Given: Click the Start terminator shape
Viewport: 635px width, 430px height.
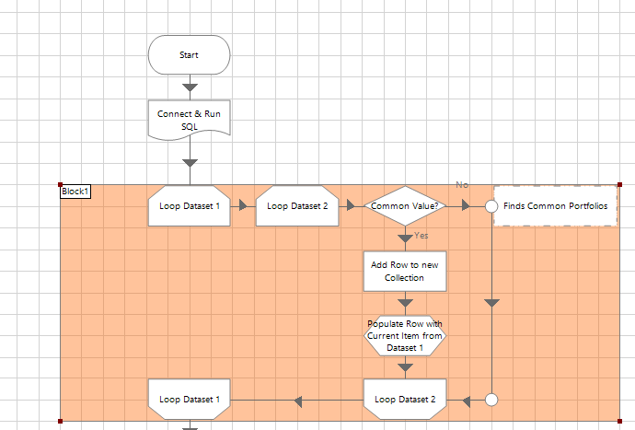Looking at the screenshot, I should click(x=189, y=54).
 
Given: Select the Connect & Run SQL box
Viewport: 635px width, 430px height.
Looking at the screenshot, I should click(x=190, y=120).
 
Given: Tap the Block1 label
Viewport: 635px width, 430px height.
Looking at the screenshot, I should click(x=75, y=192).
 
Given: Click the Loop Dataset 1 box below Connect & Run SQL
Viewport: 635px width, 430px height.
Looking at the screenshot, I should click(x=190, y=206).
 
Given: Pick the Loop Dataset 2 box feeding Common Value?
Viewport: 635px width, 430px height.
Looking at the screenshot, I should click(x=296, y=206).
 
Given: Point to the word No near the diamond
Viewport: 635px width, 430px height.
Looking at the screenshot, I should click(x=462, y=185).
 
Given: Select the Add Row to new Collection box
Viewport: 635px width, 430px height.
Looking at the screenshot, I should click(x=405, y=271).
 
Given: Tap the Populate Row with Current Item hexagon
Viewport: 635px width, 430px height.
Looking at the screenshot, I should click(x=405, y=335).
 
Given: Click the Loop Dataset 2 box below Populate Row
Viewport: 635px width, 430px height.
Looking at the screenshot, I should click(x=405, y=400).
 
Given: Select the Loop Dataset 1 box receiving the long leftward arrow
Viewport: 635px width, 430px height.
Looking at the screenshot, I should click(x=190, y=400).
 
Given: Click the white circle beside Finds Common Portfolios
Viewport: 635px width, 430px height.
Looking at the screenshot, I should click(x=491, y=206).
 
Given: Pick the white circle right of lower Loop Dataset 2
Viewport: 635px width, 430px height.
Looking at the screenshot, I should click(x=491, y=400).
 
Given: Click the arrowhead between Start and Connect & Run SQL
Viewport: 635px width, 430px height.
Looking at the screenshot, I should click(x=190, y=88).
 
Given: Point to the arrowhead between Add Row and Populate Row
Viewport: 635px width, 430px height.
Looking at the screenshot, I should click(x=405, y=302).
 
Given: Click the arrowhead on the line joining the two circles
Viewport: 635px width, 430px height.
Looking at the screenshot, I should click(x=491, y=302).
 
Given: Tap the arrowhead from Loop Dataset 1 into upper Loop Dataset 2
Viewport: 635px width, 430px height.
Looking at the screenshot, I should click(x=244, y=206).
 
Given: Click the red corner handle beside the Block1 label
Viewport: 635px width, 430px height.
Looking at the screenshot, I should click(x=61, y=184).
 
